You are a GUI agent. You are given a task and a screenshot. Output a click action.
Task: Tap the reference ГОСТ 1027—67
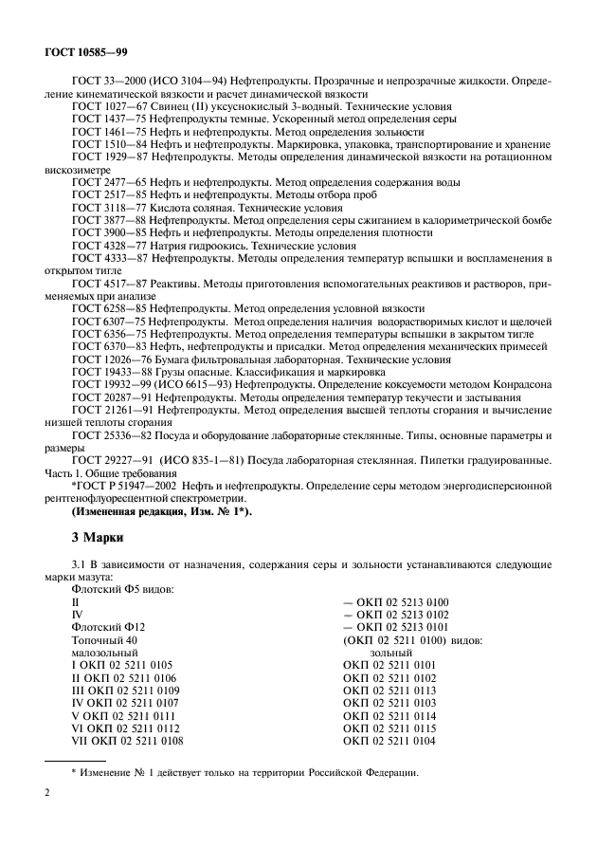point(105,108)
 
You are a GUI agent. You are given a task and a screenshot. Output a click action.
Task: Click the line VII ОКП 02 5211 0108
point(129,741)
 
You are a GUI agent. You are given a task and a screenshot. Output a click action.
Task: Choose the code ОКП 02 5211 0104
point(389,741)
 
